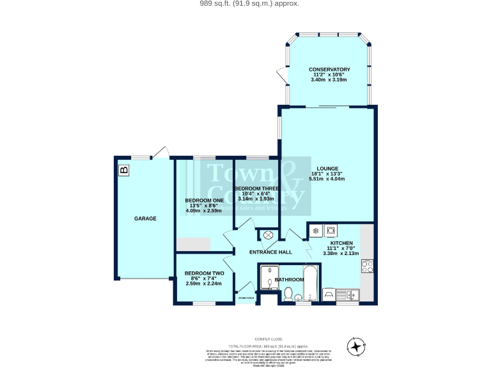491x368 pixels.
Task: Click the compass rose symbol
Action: (x=355, y=347)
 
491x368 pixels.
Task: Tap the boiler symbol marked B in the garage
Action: (x=123, y=170)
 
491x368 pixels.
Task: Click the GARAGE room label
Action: (x=145, y=218)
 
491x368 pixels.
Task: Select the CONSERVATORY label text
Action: (x=329, y=69)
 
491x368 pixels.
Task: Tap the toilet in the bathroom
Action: (x=289, y=294)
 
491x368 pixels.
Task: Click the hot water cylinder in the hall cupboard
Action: (x=268, y=236)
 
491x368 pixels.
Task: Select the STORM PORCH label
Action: (x=247, y=298)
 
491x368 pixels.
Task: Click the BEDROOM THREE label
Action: (x=256, y=188)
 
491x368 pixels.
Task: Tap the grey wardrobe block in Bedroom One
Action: (x=194, y=245)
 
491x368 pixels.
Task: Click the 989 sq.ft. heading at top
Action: (x=245, y=4)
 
